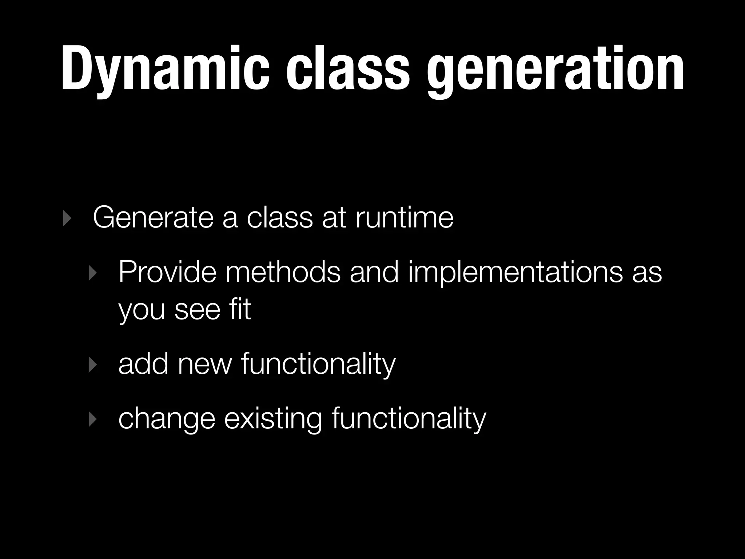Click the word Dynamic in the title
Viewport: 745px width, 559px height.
[x=166, y=69]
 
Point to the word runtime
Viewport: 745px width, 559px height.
[x=404, y=218]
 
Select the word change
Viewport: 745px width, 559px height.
[x=167, y=419]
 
